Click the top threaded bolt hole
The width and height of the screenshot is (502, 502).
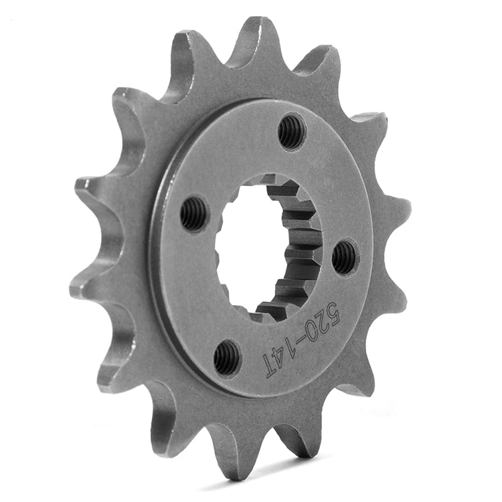pyautogui.click(x=291, y=131)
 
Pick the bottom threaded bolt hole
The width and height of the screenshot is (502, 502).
pyautogui.click(x=227, y=357)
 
